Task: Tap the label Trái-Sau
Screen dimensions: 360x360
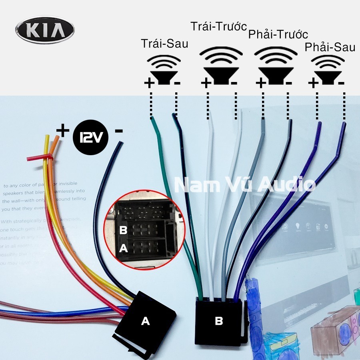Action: tap(164, 44)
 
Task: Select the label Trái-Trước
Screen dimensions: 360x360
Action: tap(218, 27)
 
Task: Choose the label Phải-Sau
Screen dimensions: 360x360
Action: tap(330, 47)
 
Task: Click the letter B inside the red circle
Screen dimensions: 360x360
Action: tap(124, 230)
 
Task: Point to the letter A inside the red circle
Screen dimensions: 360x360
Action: tap(124, 248)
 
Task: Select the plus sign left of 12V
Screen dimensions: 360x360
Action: tap(62, 130)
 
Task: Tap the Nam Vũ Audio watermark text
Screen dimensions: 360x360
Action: tap(245, 185)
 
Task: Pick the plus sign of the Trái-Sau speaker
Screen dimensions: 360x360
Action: tap(149, 83)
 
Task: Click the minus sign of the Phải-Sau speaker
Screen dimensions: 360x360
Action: tap(341, 83)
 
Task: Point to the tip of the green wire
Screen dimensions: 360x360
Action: tap(152, 119)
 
